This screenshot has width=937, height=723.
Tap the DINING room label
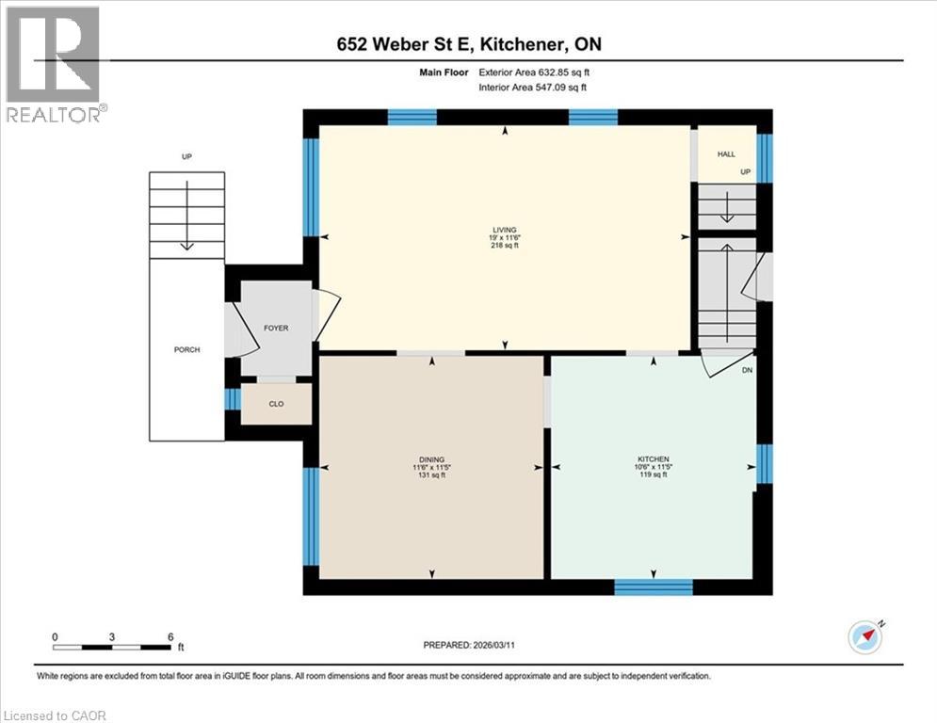[x=432, y=459]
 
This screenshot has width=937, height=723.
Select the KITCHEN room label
[x=653, y=459]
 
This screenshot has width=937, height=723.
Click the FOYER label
[x=275, y=328]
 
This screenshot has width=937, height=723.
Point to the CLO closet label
[x=276, y=403]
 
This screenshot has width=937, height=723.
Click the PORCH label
[x=186, y=350]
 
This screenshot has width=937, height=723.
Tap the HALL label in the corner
[x=726, y=153]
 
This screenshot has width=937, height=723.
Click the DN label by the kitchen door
[x=747, y=371]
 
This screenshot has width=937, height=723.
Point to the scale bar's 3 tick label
[x=112, y=636]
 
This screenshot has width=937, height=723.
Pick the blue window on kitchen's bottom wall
[x=653, y=586]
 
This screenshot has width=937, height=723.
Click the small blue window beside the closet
[x=233, y=399]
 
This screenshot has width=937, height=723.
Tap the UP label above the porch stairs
[x=186, y=156]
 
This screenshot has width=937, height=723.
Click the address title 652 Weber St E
[x=468, y=43]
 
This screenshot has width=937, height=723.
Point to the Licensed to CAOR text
[x=55, y=715]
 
